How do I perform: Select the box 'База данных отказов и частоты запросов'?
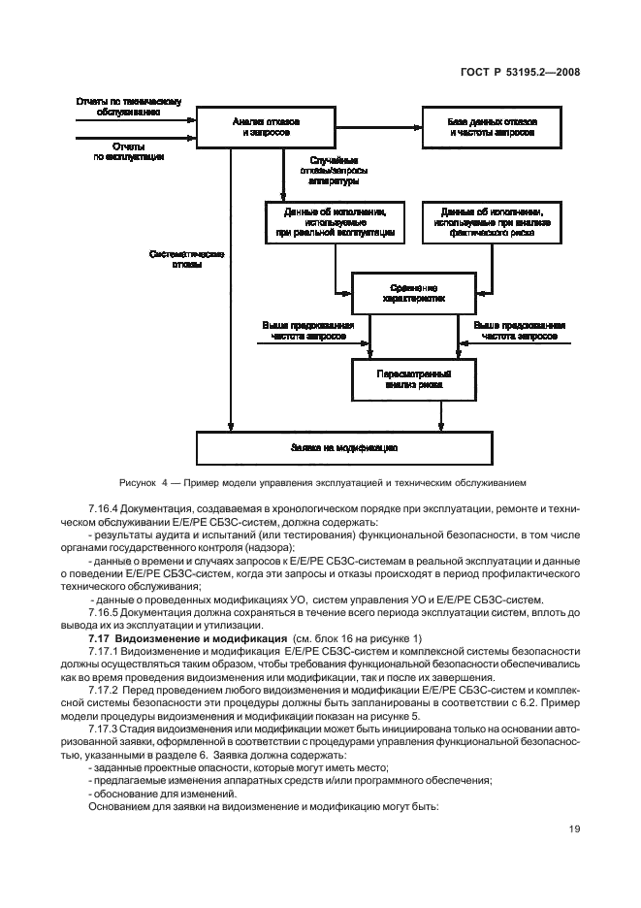tap(491, 126)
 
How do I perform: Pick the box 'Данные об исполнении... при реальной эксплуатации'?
tap(330, 222)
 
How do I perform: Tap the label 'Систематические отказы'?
tap(188, 260)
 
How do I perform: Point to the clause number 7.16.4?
tap(106, 507)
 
